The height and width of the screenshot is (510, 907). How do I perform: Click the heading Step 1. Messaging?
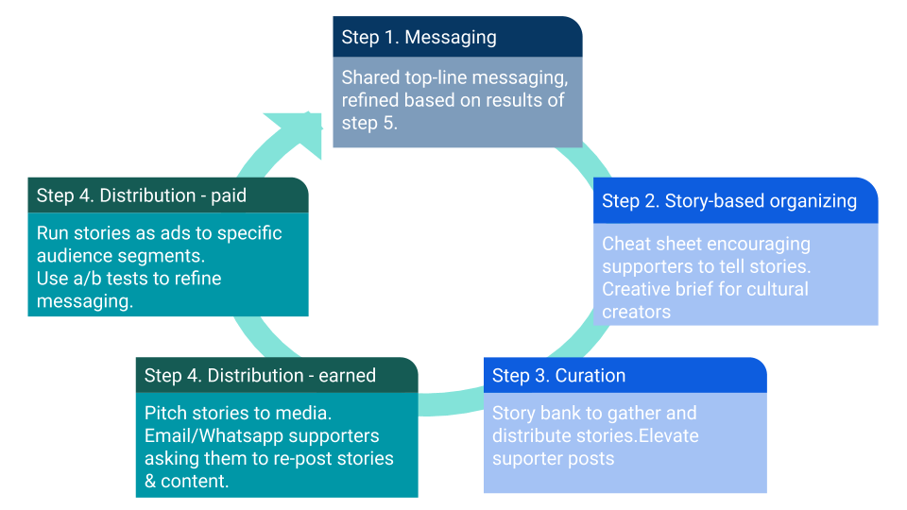419,38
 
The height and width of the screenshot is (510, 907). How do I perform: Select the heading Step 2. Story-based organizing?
729,201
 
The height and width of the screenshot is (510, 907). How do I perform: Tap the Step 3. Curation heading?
558,376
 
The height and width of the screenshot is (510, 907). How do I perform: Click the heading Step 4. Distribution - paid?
142,196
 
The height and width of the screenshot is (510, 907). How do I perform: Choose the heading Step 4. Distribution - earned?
260,376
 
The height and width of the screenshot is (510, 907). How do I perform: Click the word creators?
636,312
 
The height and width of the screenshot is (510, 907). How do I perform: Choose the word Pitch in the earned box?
164,414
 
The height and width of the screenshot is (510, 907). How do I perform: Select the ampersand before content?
151,482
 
